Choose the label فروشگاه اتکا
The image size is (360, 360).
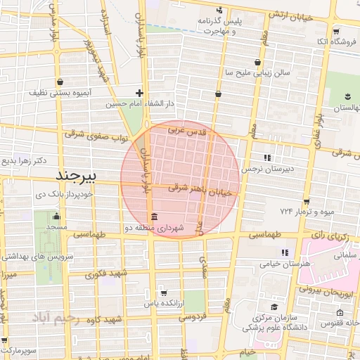(x=333, y=42)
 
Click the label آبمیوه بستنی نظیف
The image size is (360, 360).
(x=58, y=92)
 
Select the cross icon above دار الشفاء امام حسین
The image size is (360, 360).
(x=140, y=93)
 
